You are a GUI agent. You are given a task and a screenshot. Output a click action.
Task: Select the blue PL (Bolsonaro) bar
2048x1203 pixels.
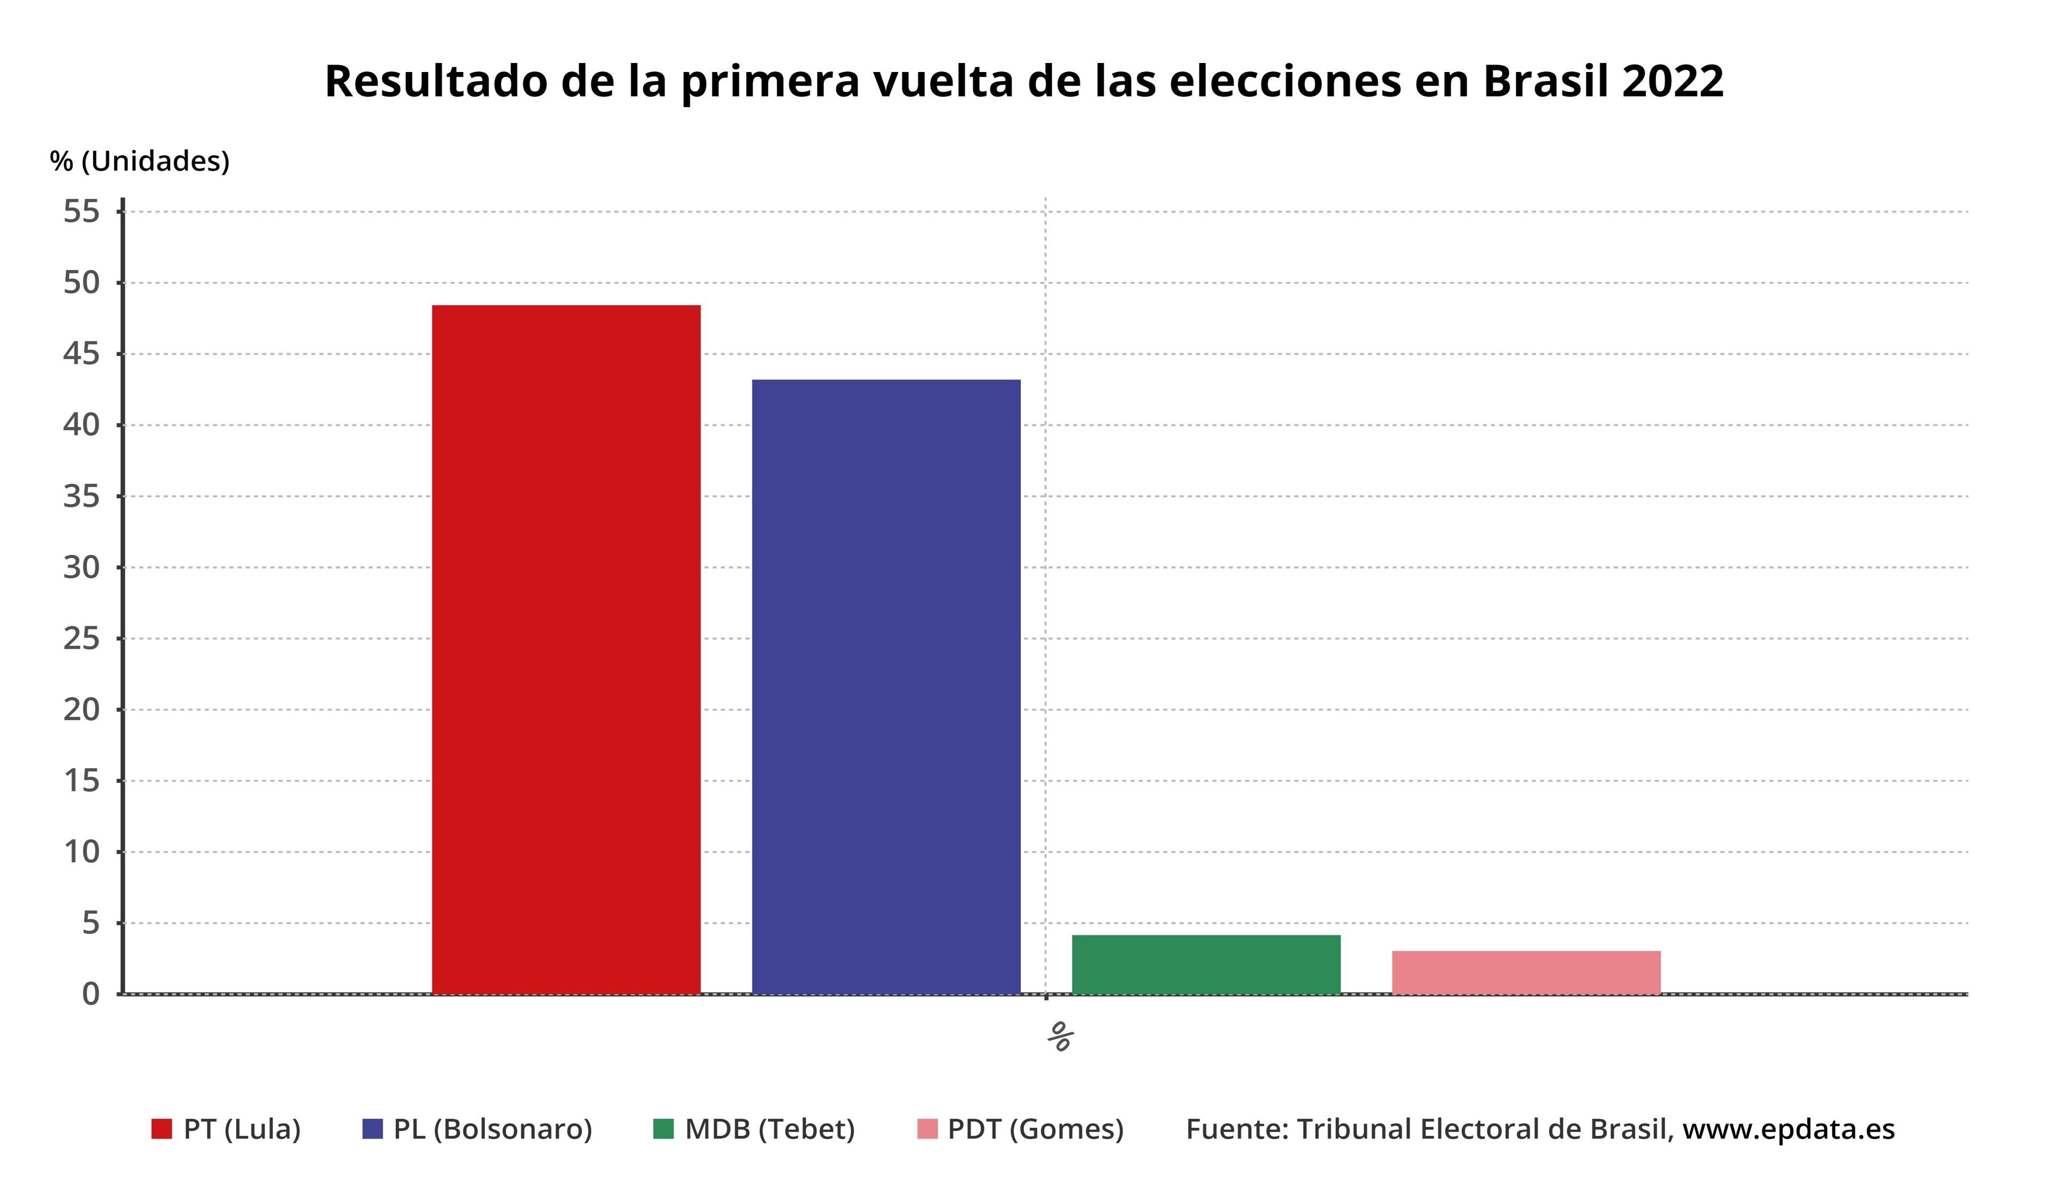pyautogui.click(x=886, y=686)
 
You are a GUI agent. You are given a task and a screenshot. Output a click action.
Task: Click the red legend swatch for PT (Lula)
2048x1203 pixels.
pyautogui.click(x=162, y=1129)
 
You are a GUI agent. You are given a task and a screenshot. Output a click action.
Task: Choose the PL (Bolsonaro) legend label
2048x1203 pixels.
pyautogui.click(x=492, y=1129)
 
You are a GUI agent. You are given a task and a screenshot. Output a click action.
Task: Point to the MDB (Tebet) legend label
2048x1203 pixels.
pyautogui.click(x=770, y=1129)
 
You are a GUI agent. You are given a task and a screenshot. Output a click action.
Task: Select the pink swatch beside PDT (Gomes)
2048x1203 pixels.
pyautogui.click(x=927, y=1129)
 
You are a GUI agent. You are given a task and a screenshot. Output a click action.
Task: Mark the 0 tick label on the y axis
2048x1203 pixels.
pyautogui.click(x=91, y=994)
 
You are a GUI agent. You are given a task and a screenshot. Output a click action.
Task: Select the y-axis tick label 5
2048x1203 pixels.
pyautogui.click(x=91, y=923)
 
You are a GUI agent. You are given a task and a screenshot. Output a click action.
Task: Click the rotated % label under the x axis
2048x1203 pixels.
pyautogui.click(x=1060, y=1037)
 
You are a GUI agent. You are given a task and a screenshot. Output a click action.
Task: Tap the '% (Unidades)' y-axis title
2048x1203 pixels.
pyautogui.click(x=140, y=161)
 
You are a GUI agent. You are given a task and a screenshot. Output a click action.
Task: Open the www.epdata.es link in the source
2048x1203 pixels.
pyautogui.click(x=1788, y=1129)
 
